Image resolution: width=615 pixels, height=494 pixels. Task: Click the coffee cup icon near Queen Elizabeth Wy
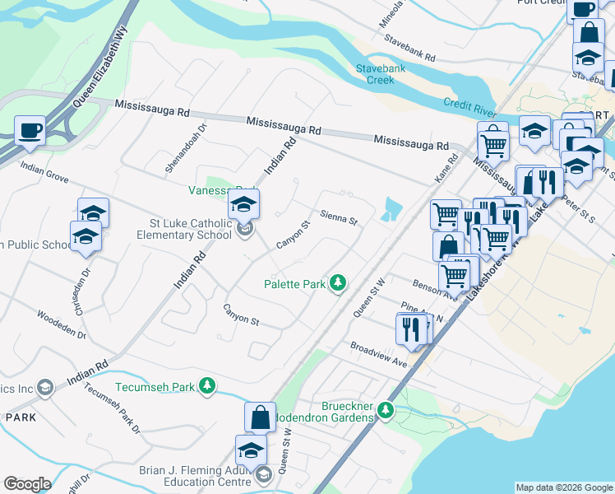[x=30, y=131]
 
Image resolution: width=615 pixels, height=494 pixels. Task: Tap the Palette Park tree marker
[x=337, y=284]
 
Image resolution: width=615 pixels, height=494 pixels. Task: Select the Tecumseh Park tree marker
[x=209, y=386]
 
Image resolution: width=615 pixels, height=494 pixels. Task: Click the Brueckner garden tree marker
[x=382, y=409]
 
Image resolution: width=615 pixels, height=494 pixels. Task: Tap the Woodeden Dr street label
[x=62, y=324]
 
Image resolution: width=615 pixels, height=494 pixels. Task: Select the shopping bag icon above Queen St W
[x=260, y=417]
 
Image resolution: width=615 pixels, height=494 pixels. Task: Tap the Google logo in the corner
[x=27, y=484]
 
